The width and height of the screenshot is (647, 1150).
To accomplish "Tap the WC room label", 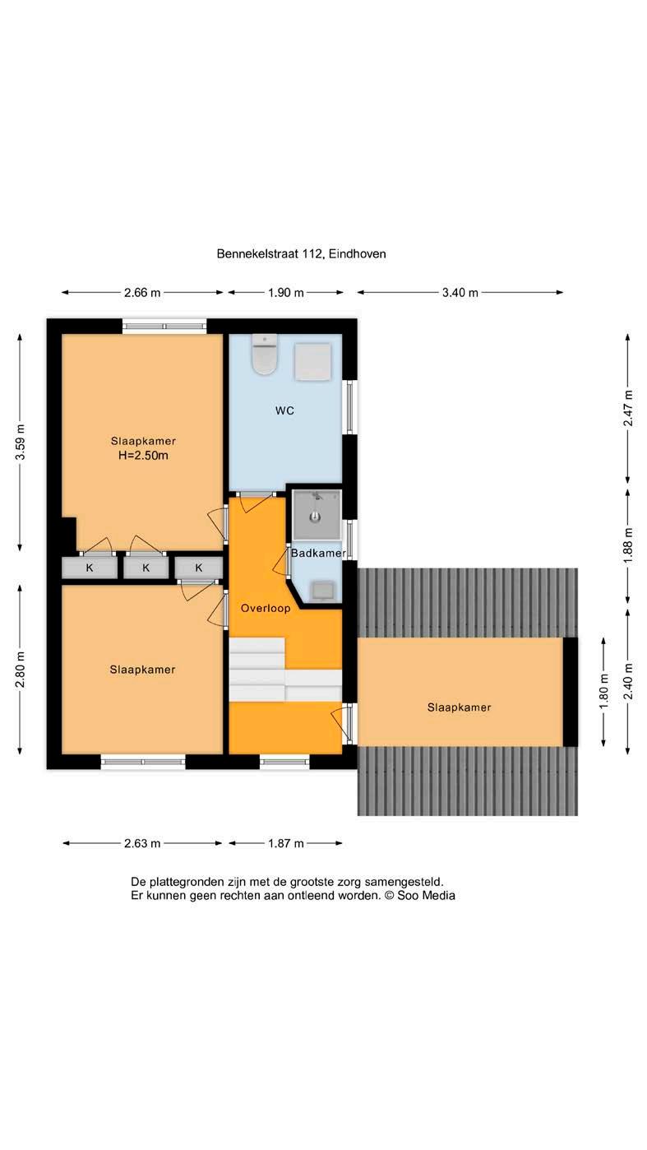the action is [x=280, y=402].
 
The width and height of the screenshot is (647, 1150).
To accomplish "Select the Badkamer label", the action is [x=312, y=541].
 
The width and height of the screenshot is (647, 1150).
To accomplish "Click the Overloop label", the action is [x=260, y=596].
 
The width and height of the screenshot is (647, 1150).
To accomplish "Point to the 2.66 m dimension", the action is [x=140, y=286].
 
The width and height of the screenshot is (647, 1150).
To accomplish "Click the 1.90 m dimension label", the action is [x=280, y=286].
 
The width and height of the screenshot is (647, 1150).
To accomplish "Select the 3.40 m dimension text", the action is [x=451, y=286].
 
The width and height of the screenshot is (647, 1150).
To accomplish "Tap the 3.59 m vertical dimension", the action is [x=20, y=433].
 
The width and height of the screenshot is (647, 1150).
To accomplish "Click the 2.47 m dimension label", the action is [x=615, y=400].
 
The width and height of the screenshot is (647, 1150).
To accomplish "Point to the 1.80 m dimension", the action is [x=591, y=678].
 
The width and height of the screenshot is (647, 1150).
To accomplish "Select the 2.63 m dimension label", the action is [x=140, y=826].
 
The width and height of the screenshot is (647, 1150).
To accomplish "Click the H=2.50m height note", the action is [x=141, y=446].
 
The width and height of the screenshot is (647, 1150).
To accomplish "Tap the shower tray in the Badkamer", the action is [x=310, y=504].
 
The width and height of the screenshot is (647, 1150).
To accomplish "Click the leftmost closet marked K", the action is [x=88, y=556].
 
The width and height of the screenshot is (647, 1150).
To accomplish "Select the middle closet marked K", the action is [x=143, y=556].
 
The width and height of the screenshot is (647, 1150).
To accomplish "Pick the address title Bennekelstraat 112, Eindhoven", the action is [x=295, y=248].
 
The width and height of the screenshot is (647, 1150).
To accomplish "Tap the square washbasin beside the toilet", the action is [x=305, y=355].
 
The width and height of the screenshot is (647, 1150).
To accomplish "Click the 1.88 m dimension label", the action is [x=615, y=535].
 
